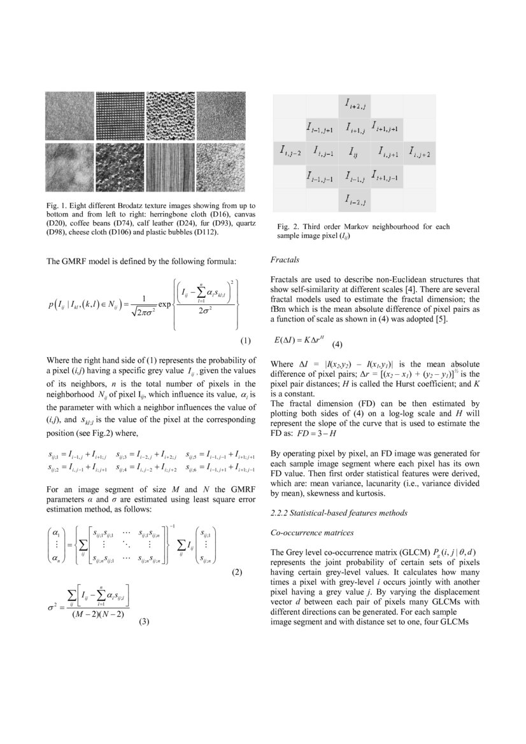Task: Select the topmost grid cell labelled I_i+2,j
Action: (x=355, y=103)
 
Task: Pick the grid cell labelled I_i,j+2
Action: (x=420, y=153)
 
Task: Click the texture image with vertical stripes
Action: (x=170, y=166)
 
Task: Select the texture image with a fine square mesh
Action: (x=120, y=116)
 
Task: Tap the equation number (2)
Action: (x=237, y=572)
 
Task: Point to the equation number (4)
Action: (x=337, y=344)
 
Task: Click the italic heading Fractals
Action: (x=285, y=260)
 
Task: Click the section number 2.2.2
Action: (x=281, y=513)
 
